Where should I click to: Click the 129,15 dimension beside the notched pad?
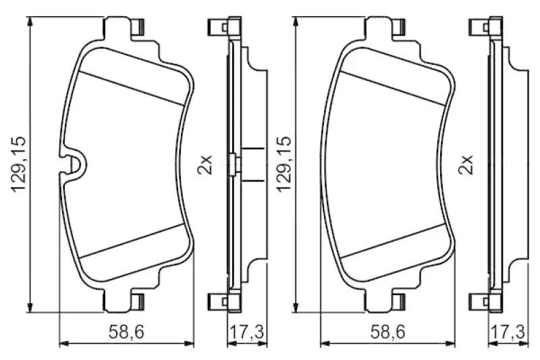(19, 164)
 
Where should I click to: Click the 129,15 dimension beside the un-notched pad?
(283, 164)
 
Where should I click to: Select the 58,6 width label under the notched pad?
(126, 332)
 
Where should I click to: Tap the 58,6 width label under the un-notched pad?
(387, 332)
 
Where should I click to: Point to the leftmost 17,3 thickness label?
(246, 332)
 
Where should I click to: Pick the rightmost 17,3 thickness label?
(508, 332)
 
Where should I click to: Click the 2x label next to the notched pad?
(205, 165)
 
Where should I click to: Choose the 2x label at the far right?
(466, 165)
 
